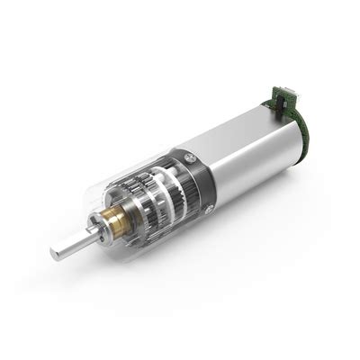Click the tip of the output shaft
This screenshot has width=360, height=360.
pyautogui.click(x=56, y=255)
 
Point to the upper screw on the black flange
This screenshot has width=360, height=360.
pyautogui.click(x=189, y=158)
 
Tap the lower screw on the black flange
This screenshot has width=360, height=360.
pyautogui.click(x=208, y=209)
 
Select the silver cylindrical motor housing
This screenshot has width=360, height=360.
pyautogui.click(x=252, y=157)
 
